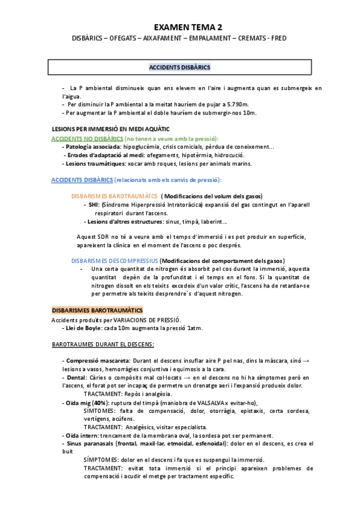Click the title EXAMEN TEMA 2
[188, 27]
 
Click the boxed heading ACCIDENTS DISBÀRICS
[179, 67]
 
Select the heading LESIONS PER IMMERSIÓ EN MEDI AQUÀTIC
[111, 129]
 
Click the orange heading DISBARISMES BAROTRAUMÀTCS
[115, 196]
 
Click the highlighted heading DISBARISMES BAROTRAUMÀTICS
[97, 310]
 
